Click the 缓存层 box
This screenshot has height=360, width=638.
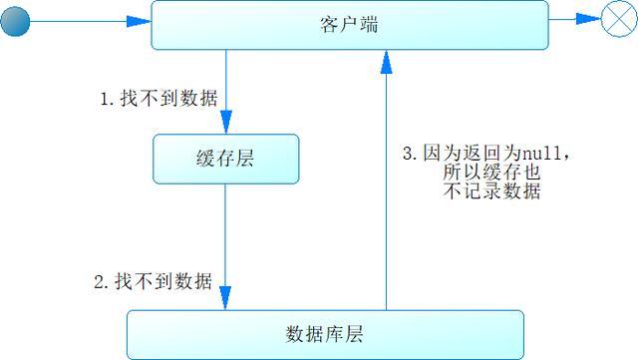225,160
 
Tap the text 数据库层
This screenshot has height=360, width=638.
324,334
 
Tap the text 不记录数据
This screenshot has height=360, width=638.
488,192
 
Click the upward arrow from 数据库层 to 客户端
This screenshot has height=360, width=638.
385,199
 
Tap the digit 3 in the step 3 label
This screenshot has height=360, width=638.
407,154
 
